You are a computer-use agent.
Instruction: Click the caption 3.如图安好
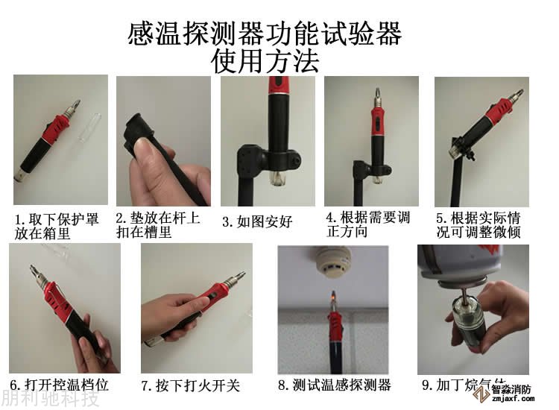click(257, 221)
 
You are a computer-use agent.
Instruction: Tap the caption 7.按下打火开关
click(191, 385)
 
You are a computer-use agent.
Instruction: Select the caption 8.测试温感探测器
click(334, 385)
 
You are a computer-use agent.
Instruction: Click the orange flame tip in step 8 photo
click(333, 297)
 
